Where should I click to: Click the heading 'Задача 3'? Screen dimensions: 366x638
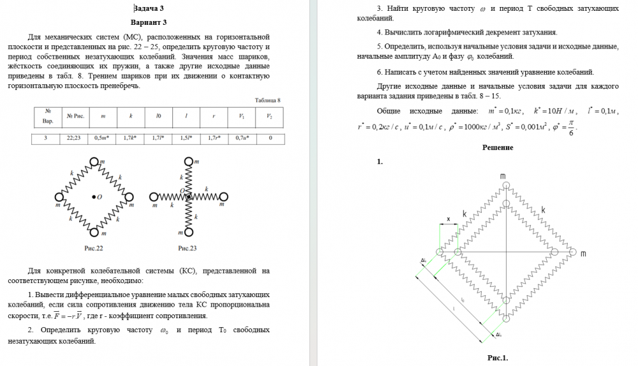point(152,8)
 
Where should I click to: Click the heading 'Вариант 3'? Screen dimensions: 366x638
point(152,22)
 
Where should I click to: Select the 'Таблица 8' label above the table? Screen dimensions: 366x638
point(268,100)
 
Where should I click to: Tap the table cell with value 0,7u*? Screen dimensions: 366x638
point(242,137)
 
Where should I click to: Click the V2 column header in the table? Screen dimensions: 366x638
point(270,116)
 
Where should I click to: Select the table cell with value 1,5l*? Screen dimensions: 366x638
point(186,137)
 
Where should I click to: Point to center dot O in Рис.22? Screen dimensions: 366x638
point(93,197)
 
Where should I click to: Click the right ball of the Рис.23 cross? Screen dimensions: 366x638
point(223,196)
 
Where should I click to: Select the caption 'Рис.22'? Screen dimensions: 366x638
point(93,247)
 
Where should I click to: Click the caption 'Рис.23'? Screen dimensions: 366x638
point(188,247)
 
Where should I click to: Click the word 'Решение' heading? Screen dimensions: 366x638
point(498,147)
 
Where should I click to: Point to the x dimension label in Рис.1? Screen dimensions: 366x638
point(448,219)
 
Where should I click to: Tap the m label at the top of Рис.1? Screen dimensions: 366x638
point(503,176)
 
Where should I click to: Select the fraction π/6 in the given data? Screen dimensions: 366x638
point(570,128)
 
